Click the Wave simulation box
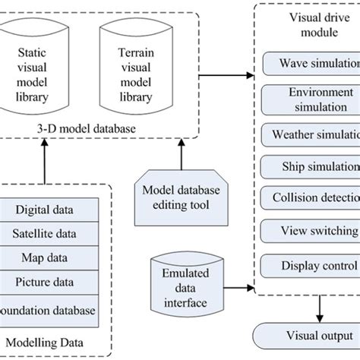coord(310,64)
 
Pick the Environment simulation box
coord(310,99)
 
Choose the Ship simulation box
coord(310,166)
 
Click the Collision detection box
coord(310,199)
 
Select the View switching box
coord(310,232)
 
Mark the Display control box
coord(310,265)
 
